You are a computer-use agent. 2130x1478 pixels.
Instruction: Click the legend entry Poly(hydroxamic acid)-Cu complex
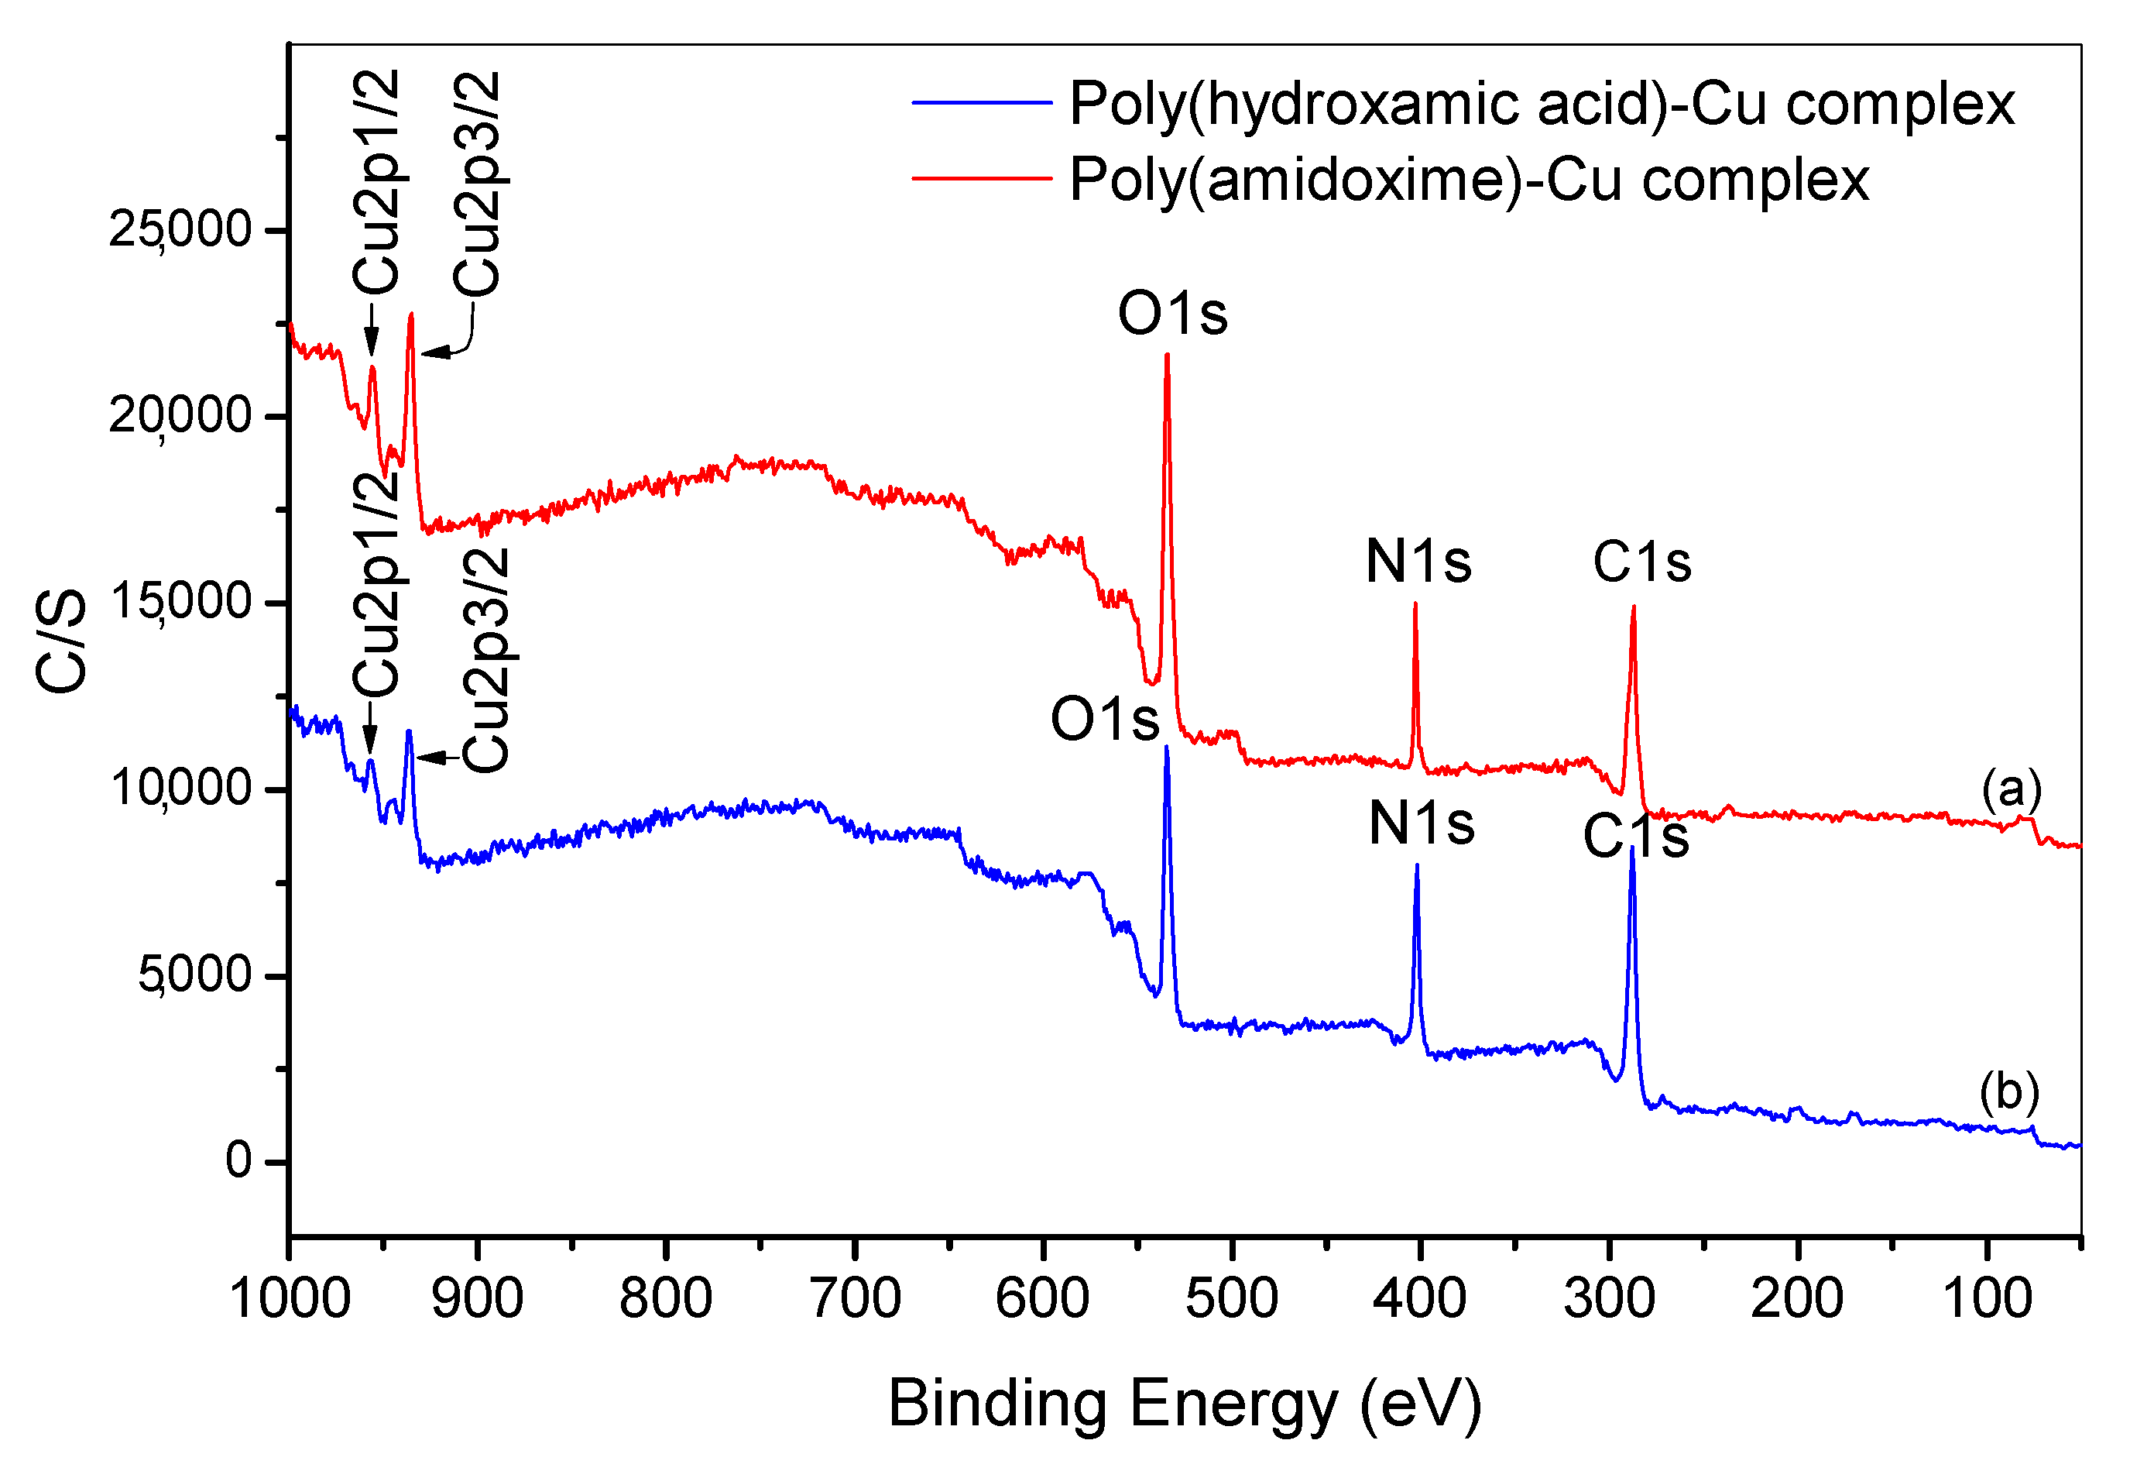tap(1542, 103)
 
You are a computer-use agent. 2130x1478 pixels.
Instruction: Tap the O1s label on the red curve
tap(1172, 313)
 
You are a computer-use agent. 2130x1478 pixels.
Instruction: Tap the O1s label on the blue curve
tap(1104, 719)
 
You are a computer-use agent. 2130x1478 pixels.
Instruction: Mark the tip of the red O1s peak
tap(1166, 356)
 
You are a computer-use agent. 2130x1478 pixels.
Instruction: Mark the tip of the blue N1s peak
tap(1416, 866)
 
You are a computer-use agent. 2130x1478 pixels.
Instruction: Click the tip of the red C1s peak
tap(1633, 607)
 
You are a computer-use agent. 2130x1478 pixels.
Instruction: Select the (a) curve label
tap(2011, 789)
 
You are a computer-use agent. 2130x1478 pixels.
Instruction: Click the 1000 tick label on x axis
tap(290, 1298)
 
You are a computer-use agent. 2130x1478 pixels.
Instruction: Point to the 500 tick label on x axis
tap(1231, 1298)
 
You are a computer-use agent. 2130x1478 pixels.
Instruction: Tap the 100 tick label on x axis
tap(1987, 1298)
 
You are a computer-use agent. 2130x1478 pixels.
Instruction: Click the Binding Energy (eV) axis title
tap(1185, 1403)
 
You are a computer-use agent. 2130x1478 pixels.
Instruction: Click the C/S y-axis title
tap(61, 641)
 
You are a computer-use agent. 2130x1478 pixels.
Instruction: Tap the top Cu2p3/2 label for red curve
tap(477, 184)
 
